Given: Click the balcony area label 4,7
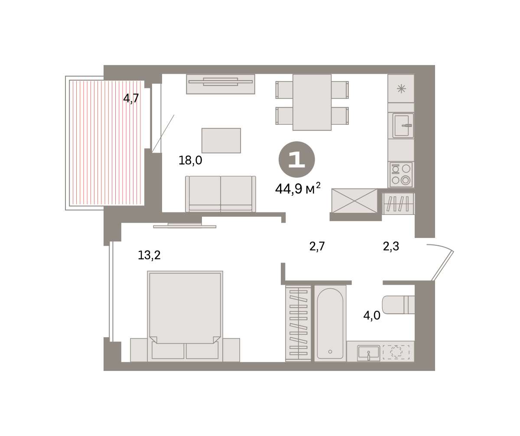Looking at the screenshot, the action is coord(131,98).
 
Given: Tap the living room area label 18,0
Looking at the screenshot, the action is coord(190,160).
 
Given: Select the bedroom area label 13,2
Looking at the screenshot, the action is coord(149,255).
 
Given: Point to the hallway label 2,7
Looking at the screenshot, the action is coord(317,247).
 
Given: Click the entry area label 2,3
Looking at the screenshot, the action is coord(391,246).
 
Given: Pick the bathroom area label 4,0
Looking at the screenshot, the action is coord(372,316).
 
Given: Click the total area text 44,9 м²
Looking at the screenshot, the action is coord(298,189).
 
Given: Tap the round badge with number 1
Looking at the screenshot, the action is coord(296,159).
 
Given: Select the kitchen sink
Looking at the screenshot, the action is coord(403,125).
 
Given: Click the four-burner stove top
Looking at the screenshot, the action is coord(401,174).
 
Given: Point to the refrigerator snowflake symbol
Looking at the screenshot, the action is coord(401,89).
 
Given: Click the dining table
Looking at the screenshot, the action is coord(312,102).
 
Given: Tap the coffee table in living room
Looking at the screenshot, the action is coord(221,140).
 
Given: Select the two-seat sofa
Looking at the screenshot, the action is coord(221,194).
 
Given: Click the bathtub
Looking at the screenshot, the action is coord(330,323).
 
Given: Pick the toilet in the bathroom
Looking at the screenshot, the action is coord(399,305).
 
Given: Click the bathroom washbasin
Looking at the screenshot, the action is coord(369,353).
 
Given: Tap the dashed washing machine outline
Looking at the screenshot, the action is coord(396,352).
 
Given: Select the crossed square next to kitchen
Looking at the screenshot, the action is coord(354,201).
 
